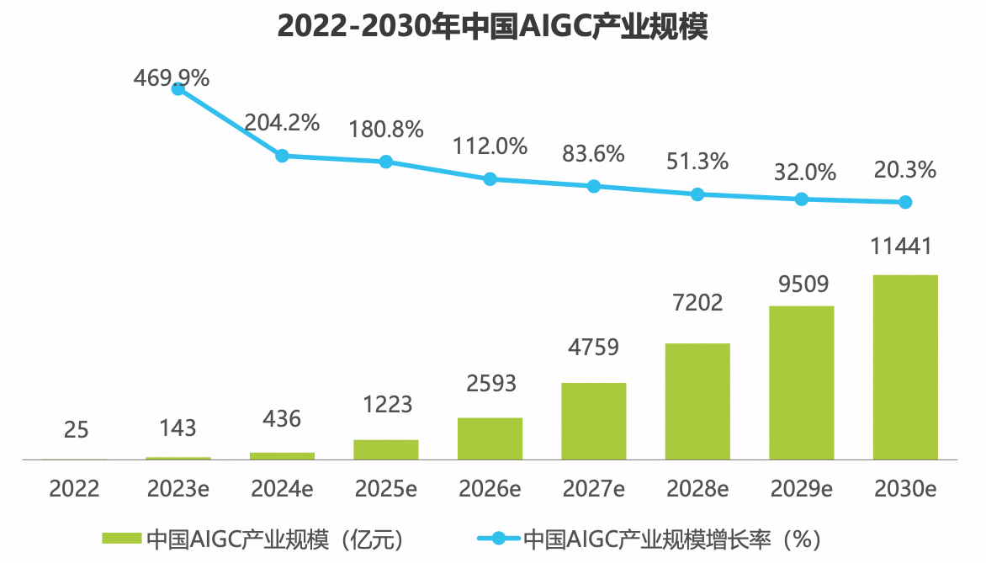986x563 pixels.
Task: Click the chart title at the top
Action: coord(493,27)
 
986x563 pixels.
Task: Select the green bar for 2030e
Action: coord(905,367)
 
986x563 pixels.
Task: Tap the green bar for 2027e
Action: coord(593,421)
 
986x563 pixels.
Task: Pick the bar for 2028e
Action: coord(697,401)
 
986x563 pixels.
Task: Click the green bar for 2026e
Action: coord(490,438)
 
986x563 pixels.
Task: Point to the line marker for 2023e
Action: coord(178,88)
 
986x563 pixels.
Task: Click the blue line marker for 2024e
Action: coord(283,156)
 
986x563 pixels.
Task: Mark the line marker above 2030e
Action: coord(905,202)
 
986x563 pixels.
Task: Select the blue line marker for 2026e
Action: coord(490,178)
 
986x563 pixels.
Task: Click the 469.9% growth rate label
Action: coord(171,77)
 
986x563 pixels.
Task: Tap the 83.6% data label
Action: coord(593,154)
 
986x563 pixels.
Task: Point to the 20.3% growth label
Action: coord(905,170)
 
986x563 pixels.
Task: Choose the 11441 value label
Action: coord(905,247)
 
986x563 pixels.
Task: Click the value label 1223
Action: coord(386,404)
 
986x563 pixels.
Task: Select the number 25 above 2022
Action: coord(76,430)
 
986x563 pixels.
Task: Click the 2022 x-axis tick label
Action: coord(75,488)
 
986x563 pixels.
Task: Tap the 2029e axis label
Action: coord(801,488)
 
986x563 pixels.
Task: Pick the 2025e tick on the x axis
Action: coord(386,488)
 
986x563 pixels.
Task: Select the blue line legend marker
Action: coord(498,538)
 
